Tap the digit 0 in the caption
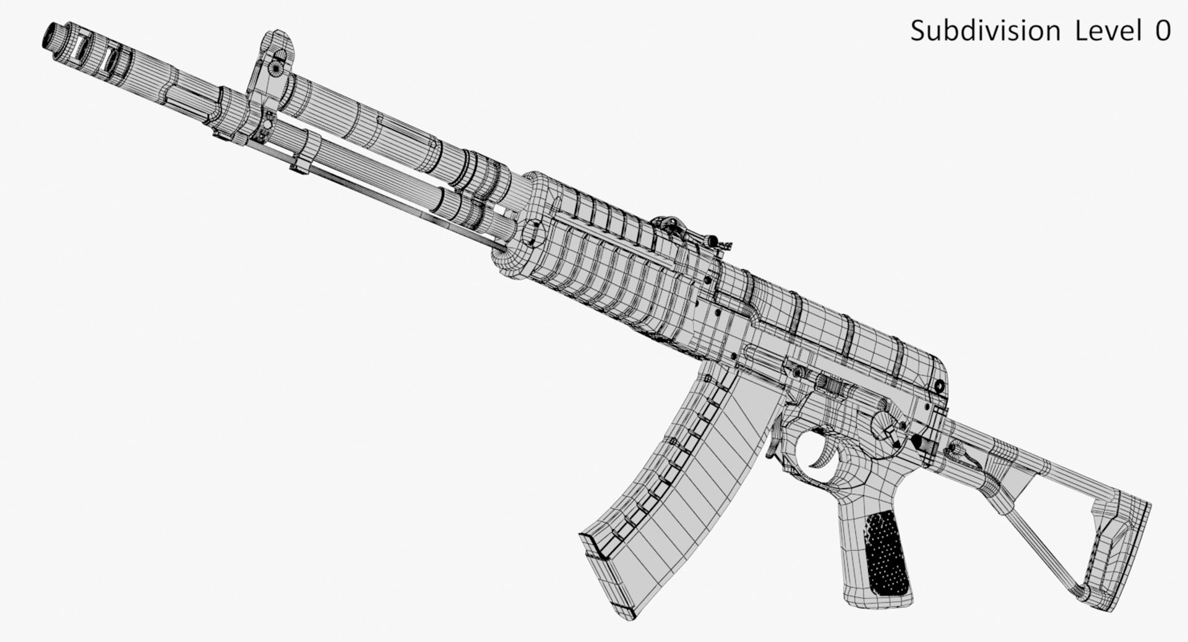(1163, 31)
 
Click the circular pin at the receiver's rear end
(939, 386)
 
